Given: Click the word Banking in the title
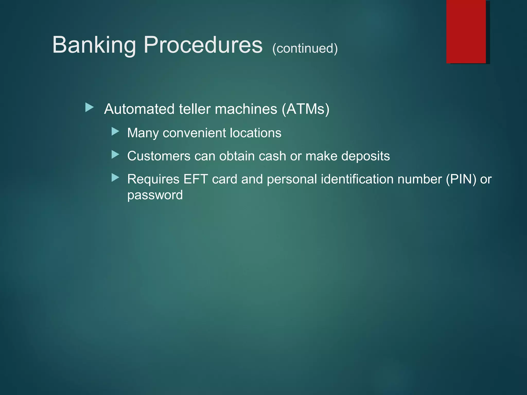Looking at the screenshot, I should coord(94,45).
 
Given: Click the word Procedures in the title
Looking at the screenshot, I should coord(203,45).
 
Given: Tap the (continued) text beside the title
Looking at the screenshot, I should coord(305,48).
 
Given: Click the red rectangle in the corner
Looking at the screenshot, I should coord(466,31).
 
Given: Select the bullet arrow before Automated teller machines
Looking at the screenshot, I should coord(89,107).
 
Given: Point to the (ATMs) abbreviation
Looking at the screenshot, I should coord(305,109).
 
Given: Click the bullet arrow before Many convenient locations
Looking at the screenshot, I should coord(115,132).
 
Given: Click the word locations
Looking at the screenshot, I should coord(256,133).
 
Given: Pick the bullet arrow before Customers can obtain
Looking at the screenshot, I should coord(115,155).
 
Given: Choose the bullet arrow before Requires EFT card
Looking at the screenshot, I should coord(115,177).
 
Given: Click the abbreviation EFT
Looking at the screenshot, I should coord(196,179).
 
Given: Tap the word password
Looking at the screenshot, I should coord(155,195).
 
